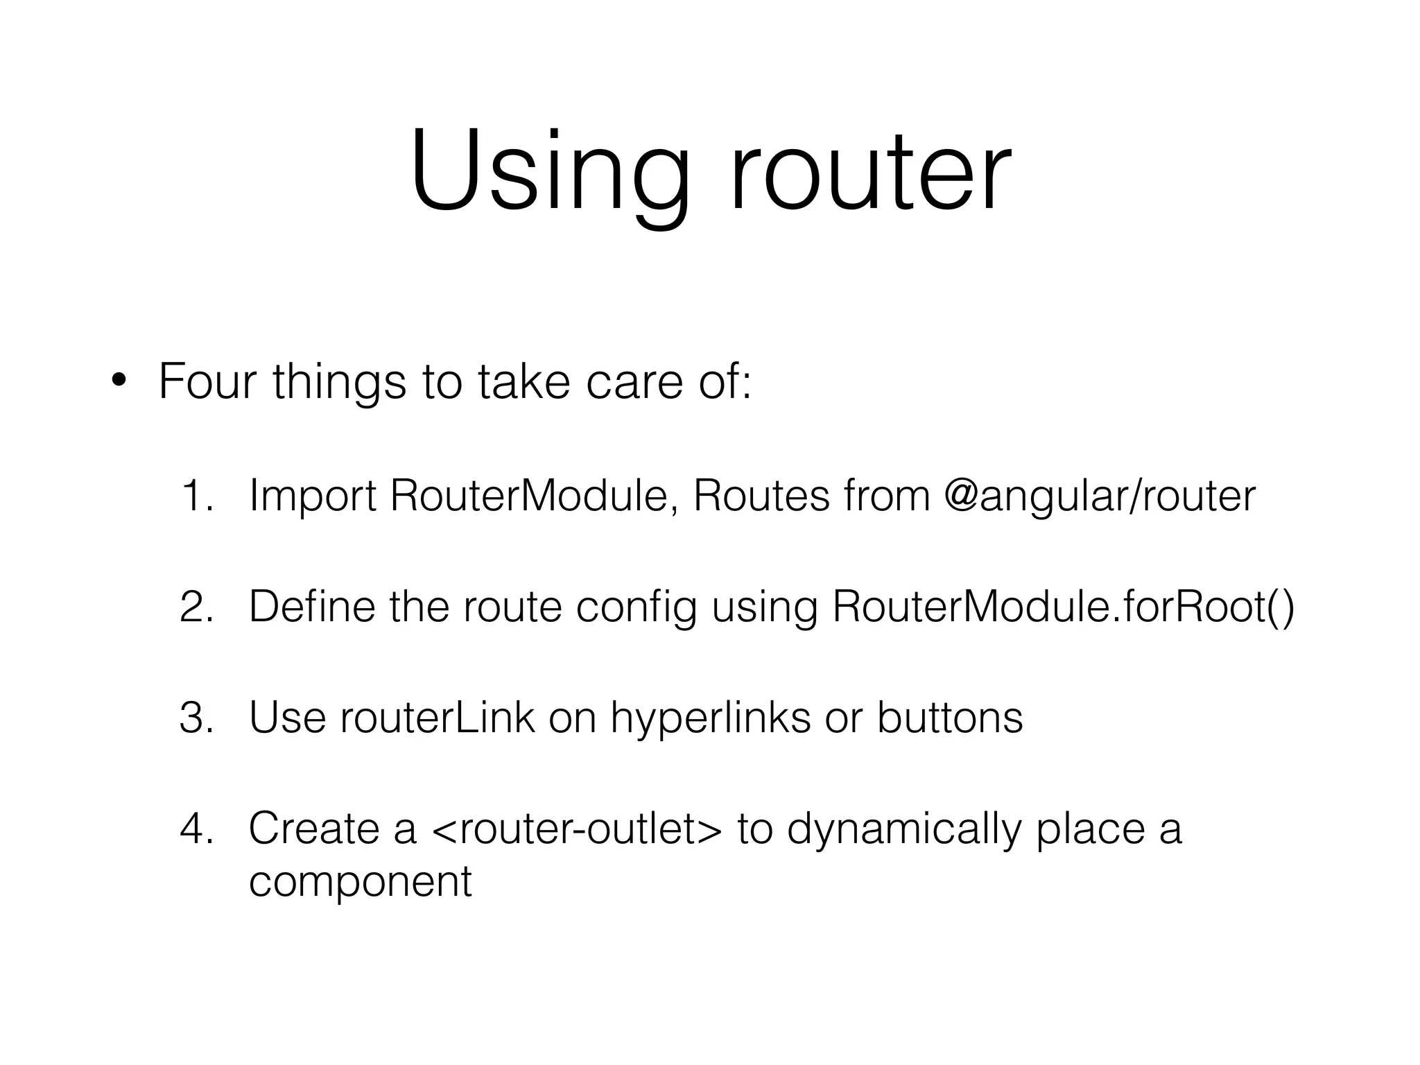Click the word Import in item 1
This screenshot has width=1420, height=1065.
tap(312, 496)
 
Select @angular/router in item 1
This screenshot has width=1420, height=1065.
tap(1100, 496)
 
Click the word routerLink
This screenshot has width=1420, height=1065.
tap(438, 718)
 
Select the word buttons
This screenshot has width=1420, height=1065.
tap(950, 718)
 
